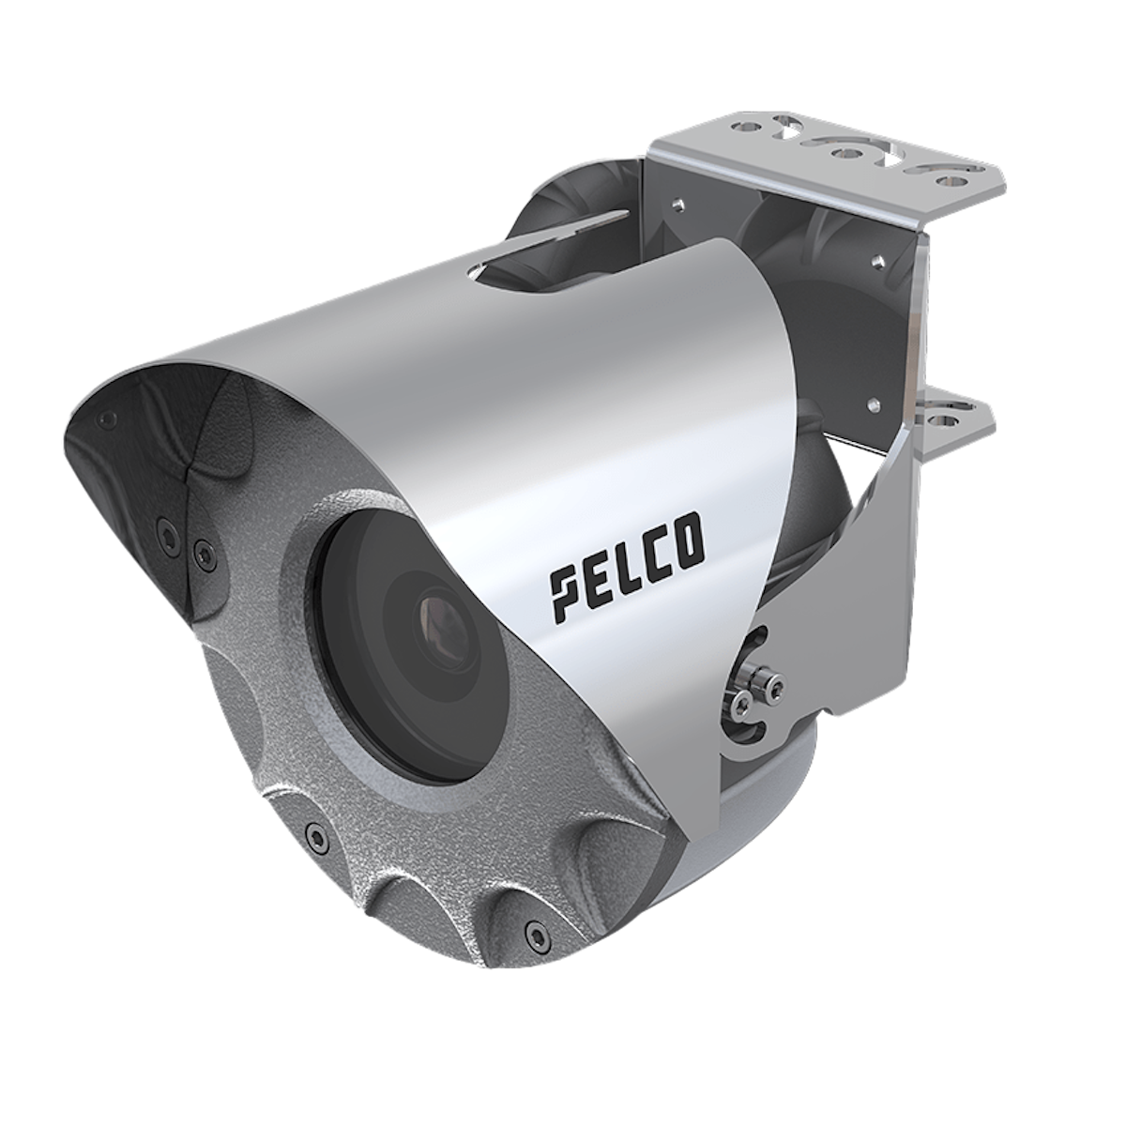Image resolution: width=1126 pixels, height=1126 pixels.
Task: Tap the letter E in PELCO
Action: (x=595, y=584)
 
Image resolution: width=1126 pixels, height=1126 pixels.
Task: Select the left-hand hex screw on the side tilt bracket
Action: (x=741, y=697)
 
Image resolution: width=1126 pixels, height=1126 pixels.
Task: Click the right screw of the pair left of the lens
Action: (x=201, y=546)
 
